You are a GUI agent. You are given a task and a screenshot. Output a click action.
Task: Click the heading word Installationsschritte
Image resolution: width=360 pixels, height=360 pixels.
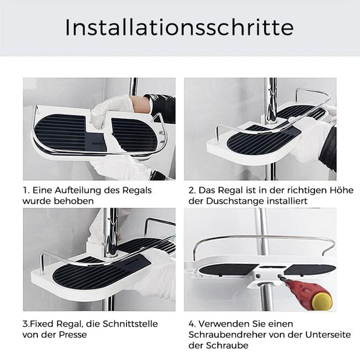179,28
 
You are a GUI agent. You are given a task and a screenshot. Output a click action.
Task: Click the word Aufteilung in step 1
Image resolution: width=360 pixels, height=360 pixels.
74,190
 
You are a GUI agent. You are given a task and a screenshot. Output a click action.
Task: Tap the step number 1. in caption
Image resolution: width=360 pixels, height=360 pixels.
28,190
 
